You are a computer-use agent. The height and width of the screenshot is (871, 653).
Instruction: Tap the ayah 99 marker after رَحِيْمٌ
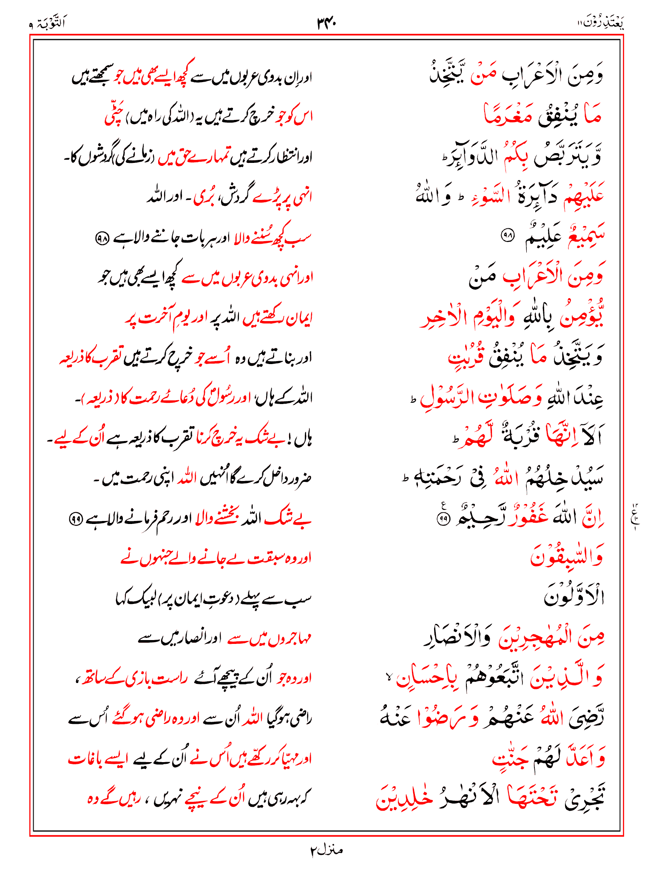[444, 519]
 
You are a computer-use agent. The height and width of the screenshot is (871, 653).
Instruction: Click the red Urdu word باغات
[85, 758]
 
